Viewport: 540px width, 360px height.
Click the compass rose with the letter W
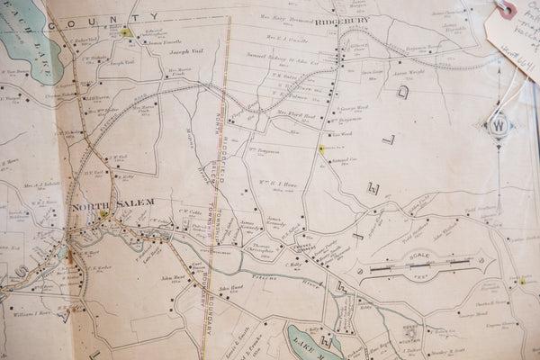(498, 124)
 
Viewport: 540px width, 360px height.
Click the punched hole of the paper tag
(507, 9)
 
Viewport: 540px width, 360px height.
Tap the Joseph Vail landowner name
(187, 52)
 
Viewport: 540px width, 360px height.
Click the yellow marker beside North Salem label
(105, 215)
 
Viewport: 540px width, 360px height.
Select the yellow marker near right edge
(521, 281)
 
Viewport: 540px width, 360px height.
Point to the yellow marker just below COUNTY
(125, 32)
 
